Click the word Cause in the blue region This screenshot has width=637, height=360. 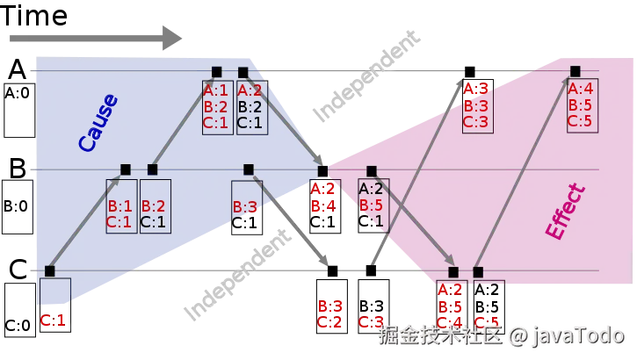(98, 124)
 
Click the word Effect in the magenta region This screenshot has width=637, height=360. (565, 212)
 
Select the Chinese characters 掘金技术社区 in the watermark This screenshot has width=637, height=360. (439, 334)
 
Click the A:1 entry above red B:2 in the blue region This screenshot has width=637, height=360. (216, 90)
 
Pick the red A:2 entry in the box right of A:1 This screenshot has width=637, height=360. (250, 90)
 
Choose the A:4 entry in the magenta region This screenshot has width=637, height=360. (581, 89)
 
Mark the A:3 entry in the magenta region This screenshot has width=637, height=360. (476, 89)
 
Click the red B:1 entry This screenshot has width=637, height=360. (119, 206)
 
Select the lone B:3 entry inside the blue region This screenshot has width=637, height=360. (245, 208)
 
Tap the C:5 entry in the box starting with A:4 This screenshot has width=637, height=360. (581, 121)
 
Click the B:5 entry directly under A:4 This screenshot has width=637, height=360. (581, 105)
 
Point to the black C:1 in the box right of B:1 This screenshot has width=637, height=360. (154, 222)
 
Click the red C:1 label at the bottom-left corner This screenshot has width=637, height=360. (53, 320)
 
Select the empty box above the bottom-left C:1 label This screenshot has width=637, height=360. (54, 291)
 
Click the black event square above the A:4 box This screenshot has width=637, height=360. (575, 71)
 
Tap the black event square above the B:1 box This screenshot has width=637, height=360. (125, 169)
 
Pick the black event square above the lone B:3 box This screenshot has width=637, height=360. (248, 169)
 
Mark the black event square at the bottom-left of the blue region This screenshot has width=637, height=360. (49, 270)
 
